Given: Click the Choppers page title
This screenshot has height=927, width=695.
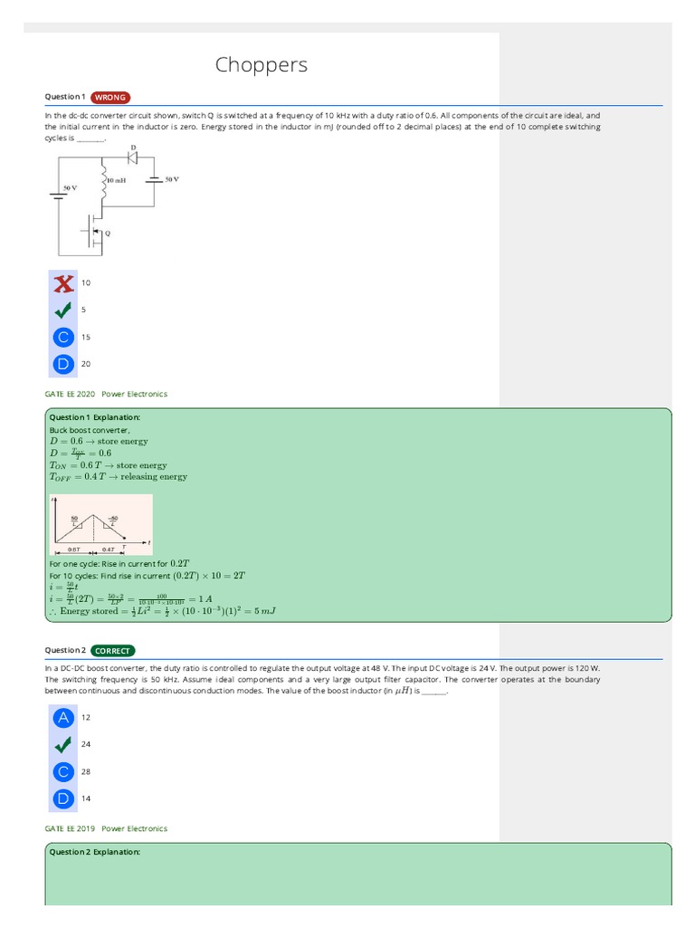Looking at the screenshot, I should pyautogui.click(x=262, y=65).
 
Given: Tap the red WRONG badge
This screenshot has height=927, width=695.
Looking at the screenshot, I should pyautogui.click(x=110, y=97).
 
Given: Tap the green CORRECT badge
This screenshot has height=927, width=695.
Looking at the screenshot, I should pyautogui.click(x=112, y=650).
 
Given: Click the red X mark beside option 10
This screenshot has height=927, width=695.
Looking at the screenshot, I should pyautogui.click(x=62, y=283).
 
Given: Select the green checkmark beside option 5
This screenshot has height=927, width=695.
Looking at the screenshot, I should pyautogui.click(x=62, y=311).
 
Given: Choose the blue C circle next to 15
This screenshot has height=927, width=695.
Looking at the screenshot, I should pyautogui.click(x=62, y=338).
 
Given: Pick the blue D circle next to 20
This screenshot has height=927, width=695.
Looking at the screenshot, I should pyautogui.click(x=62, y=365).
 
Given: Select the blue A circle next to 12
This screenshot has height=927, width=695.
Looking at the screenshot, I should pyautogui.click(x=62, y=718).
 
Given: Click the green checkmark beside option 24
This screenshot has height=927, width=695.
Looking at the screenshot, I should pyautogui.click(x=62, y=745).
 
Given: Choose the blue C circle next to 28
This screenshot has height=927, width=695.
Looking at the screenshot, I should pyautogui.click(x=62, y=772).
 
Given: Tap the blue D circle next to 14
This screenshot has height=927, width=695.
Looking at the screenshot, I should pyautogui.click(x=62, y=799).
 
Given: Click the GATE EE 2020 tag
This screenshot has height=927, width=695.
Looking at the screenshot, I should pyautogui.click(x=70, y=394).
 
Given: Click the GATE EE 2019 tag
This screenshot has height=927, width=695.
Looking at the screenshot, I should pyautogui.click(x=70, y=828).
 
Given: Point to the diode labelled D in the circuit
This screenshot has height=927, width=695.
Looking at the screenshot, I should pyautogui.click(x=133, y=157).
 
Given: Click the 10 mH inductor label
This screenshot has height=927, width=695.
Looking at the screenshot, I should pyautogui.click(x=116, y=180).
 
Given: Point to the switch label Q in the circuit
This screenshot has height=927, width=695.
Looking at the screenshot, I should pyautogui.click(x=109, y=232).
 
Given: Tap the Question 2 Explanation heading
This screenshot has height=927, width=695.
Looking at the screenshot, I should pyautogui.click(x=94, y=852).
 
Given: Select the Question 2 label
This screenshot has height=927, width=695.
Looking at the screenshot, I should pyautogui.click(x=65, y=650).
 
